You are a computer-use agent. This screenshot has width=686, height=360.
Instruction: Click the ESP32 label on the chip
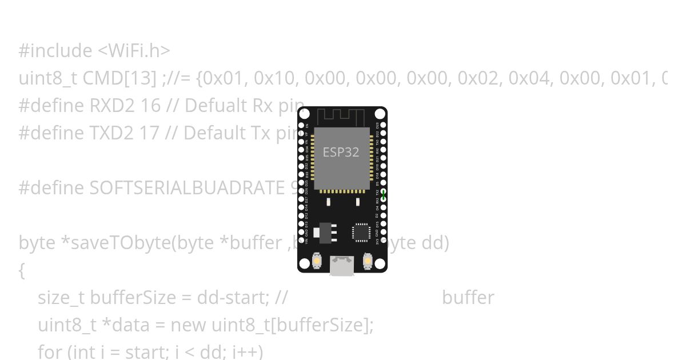click(x=341, y=152)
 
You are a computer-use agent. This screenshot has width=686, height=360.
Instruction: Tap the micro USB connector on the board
click(x=342, y=266)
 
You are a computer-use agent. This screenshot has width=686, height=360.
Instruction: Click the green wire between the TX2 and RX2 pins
click(x=384, y=195)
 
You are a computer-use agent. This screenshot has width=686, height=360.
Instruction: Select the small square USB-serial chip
click(x=361, y=233)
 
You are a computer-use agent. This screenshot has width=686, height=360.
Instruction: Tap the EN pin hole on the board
click(x=302, y=125)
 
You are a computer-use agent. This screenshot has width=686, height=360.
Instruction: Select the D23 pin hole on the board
click(x=383, y=125)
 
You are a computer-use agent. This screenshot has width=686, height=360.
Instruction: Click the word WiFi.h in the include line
click(x=134, y=51)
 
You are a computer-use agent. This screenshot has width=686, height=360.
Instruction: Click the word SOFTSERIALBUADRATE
click(x=189, y=188)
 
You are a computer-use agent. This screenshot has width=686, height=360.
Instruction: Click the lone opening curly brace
click(x=22, y=270)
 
